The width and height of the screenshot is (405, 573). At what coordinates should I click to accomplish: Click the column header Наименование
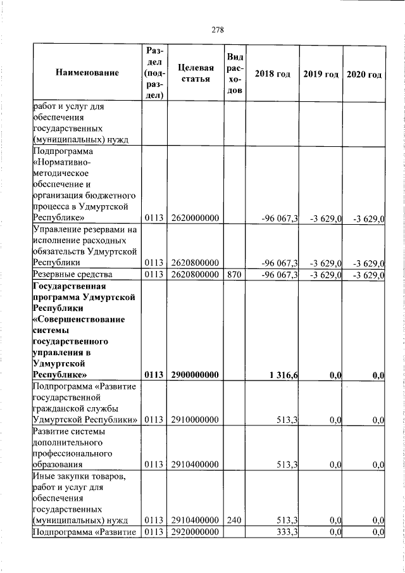pos(87,74)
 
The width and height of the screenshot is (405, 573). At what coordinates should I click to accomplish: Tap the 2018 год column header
pos(272,74)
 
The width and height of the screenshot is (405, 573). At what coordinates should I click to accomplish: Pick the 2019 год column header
pos(321,74)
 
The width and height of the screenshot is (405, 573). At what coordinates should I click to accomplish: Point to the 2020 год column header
pos(364,74)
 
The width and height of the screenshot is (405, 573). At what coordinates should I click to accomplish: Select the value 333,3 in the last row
pos(288,532)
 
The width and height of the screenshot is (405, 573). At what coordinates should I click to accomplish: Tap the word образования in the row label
pos(59,465)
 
